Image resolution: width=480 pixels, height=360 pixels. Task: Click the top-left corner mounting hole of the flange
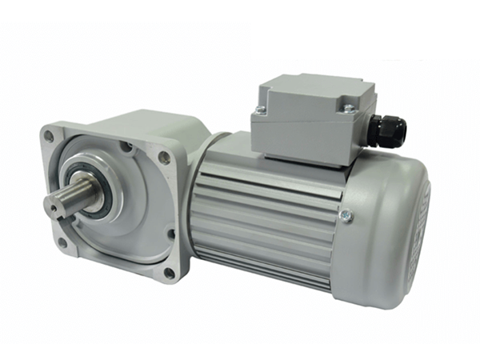point(49,136)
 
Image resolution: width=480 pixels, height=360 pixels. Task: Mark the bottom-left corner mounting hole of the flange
point(61,242)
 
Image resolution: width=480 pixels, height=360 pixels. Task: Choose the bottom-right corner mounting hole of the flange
point(169,272)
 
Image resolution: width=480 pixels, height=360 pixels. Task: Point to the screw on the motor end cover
point(345,214)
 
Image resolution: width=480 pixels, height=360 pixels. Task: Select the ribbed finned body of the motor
point(264,216)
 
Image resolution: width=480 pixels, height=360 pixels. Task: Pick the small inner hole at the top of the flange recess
point(126,146)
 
